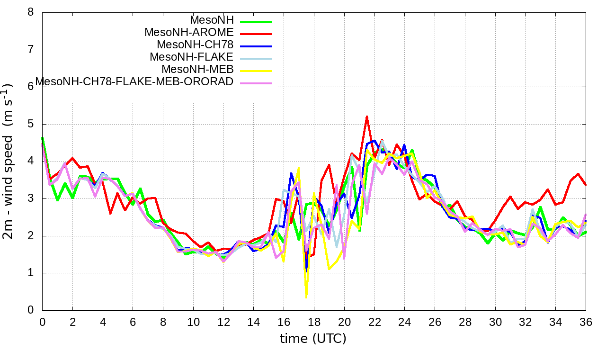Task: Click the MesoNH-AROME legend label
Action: coord(189,33)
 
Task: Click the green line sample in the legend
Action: coord(256,21)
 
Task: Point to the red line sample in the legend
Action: coord(256,34)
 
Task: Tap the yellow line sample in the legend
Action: coord(256,71)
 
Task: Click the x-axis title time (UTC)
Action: coord(313,339)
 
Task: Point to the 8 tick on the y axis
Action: coord(30,12)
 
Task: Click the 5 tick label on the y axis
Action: coord(30,124)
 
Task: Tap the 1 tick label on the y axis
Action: coord(30,273)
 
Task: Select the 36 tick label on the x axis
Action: coord(586,322)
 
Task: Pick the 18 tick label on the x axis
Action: coord(314,322)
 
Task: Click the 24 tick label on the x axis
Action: coord(405,322)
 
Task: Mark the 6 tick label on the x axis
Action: coord(133,322)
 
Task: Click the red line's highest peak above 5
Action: coord(367,116)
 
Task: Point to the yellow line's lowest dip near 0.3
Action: coord(306,297)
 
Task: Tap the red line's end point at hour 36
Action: coord(586,185)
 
